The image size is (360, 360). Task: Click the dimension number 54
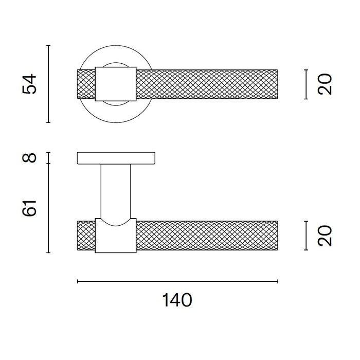(31, 84)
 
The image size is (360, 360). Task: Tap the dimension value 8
(31, 157)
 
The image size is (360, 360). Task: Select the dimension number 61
(31, 208)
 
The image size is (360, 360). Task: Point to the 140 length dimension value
(177, 300)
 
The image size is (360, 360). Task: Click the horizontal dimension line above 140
(177, 281)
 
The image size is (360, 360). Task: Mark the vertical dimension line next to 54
(48, 84)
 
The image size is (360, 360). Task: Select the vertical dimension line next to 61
(48, 208)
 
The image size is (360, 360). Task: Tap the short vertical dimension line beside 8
(48, 158)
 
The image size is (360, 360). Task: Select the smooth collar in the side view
(116, 238)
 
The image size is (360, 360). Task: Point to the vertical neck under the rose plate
(116, 190)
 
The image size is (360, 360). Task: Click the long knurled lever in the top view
(206, 83)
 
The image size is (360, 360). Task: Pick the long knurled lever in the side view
(206, 236)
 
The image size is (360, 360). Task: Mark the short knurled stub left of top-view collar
(86, 83)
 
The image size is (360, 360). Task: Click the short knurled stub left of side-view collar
(86, 236)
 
